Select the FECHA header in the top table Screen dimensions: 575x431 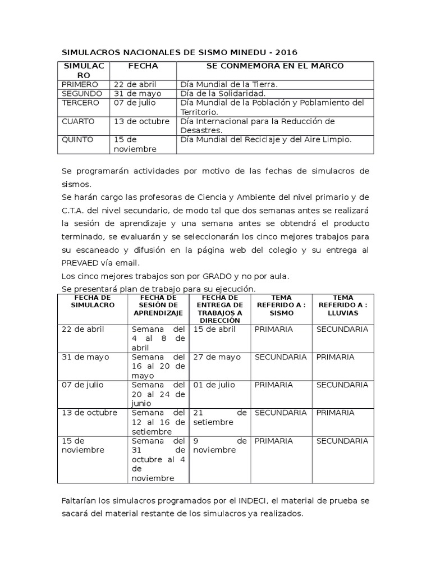pos(143,66)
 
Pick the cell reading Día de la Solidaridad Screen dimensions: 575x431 pos(223,93)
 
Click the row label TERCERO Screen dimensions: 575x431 pos(80,103)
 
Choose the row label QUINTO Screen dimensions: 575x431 pos(78,139)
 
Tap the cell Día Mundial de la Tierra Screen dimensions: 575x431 pos(229,84)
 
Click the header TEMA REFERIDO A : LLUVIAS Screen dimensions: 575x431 pos(343,305)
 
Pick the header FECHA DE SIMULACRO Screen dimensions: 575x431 pos(93,301)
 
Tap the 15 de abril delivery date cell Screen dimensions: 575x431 pos(214,329)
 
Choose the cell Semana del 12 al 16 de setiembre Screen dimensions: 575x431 pos(158,422)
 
